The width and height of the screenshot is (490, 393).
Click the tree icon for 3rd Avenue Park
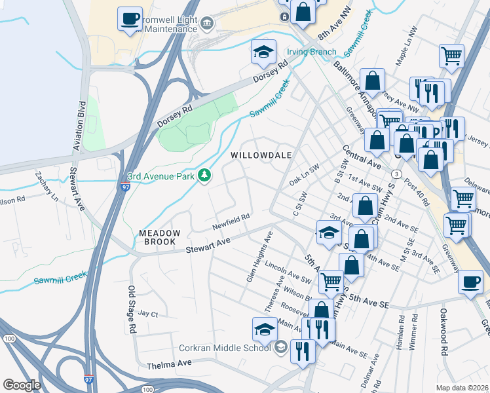coord(205,176)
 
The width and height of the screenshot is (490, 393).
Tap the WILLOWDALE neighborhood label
coord(260,154)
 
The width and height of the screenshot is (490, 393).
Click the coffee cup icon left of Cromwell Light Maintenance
coord(130,18)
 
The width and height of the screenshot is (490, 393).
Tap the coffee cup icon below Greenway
coord(470,283)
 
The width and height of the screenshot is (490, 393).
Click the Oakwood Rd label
coord(443,323)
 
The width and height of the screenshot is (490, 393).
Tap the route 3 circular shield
coord(397,174)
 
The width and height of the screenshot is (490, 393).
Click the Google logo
coord(22,385)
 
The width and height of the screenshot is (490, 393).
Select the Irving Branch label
coord(312,52)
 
